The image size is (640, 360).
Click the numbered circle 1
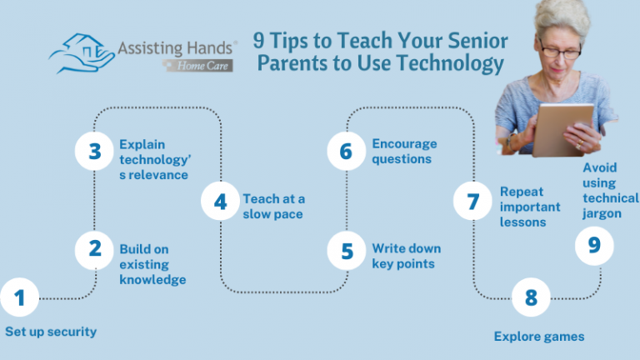point(20,297)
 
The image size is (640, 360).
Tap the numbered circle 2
point(95,248)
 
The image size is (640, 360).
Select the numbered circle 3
point(95,152)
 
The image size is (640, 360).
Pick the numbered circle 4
point(220,202)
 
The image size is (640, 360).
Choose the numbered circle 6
point(347,152)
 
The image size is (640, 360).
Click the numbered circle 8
point(532,297)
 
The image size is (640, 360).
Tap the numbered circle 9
point(594,245)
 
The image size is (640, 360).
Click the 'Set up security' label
point(51,332)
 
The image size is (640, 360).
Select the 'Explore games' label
point(539,337)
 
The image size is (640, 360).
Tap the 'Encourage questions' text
point(404,151)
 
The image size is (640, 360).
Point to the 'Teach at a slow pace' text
point(274,206)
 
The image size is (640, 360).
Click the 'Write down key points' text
point(407,256)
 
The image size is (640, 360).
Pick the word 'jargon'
point(602,213)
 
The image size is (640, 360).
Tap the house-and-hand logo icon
point(81,53)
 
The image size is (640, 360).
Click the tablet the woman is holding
point(562,129)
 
